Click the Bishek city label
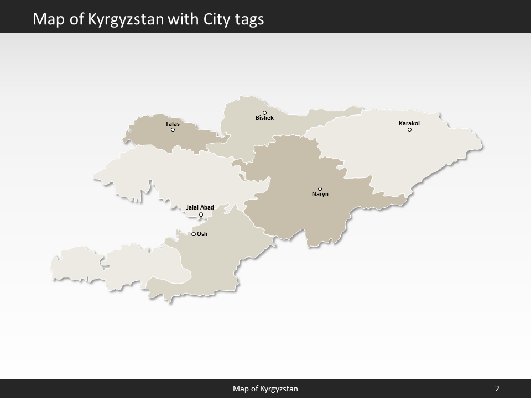264,118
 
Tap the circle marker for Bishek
264,113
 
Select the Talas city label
173,124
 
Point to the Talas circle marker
173,130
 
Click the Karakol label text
409,123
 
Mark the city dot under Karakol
409,130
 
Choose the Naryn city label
320,195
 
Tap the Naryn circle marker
320,189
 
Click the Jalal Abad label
200,208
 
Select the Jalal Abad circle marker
201,214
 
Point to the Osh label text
202,234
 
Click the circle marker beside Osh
194,234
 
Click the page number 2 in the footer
497,389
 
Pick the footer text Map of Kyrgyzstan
265,389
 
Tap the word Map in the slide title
46,20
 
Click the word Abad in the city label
207,208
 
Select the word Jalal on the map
192,208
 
